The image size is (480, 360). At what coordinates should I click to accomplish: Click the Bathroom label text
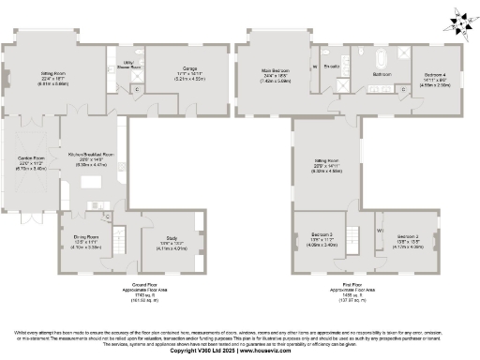coord(382,72)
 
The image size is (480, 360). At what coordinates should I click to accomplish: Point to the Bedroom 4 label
coord(437,76)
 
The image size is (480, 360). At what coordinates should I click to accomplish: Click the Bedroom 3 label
coord(321,236)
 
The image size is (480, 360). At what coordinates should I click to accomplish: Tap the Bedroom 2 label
coord(407,236)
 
